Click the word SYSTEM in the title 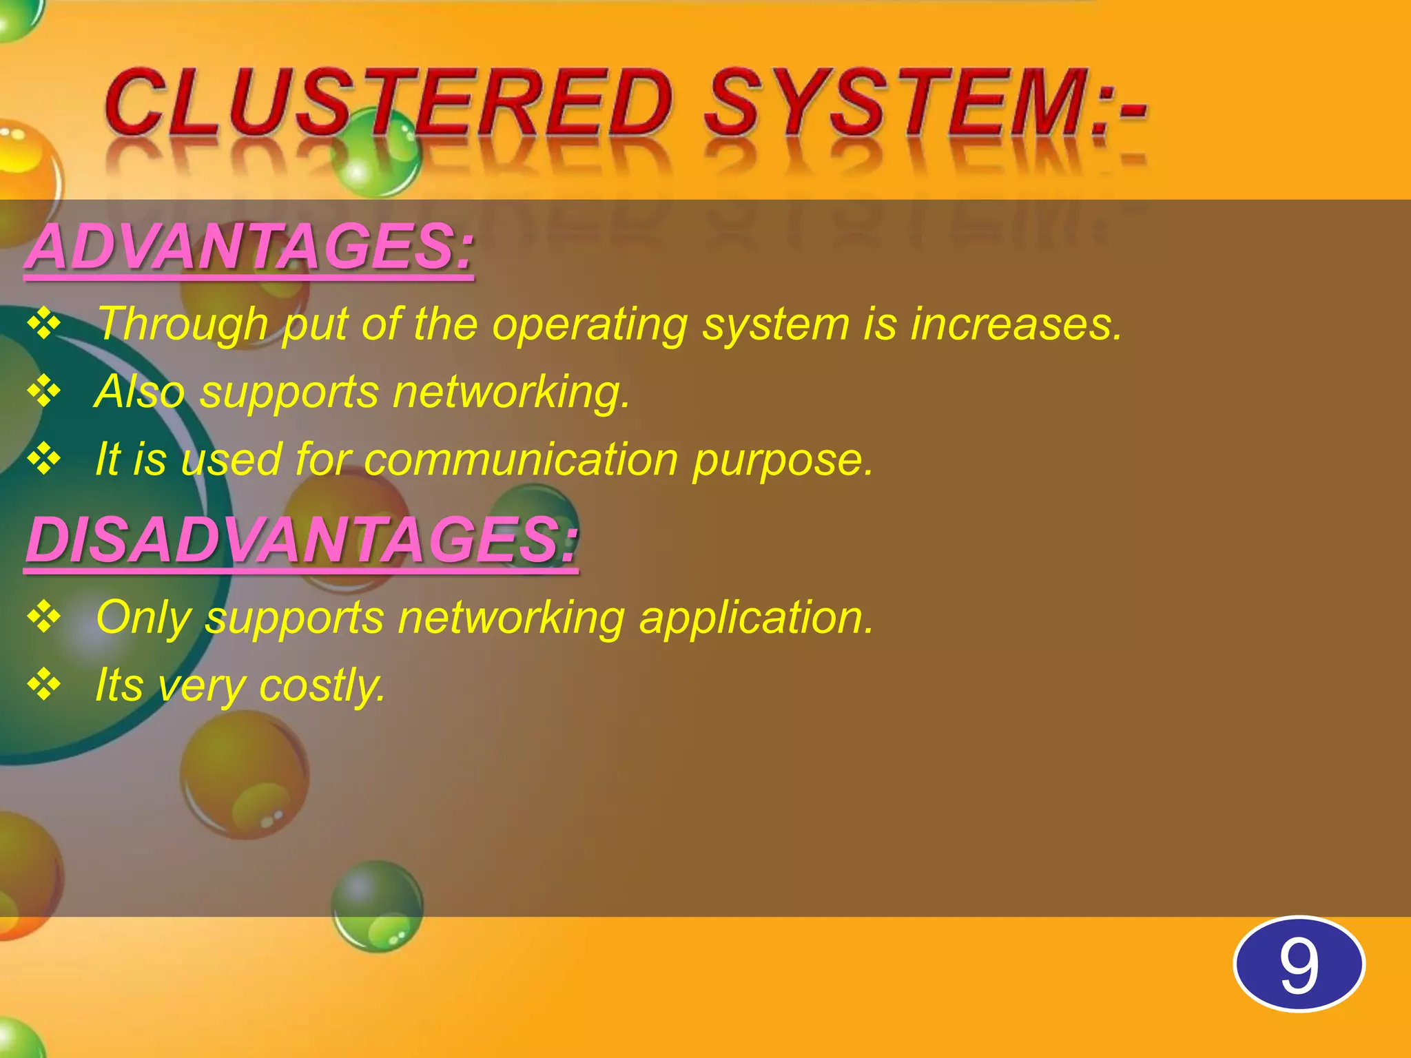coord(896,103)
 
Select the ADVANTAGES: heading coord(249,247)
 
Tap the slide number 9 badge coord(1299,964)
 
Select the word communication coord(521,459)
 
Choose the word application coord(756,618)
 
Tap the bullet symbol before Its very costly coord(44,685)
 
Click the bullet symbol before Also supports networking coord(44,391)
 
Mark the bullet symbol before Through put coord(44,324)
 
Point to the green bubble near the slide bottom coord(378,906)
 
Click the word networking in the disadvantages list coord(511,618)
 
